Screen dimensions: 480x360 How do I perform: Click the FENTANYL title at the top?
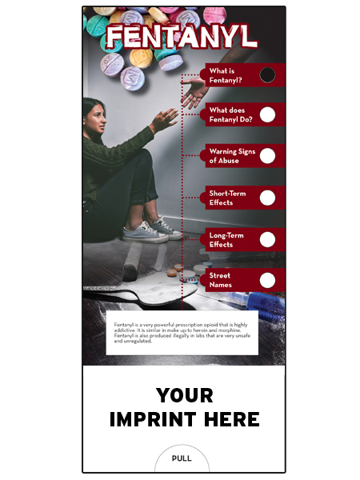click(x=182, y=36)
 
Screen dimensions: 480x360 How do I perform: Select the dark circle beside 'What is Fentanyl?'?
click(x=268, y=75)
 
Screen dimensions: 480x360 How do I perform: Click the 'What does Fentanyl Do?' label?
click(x=228, y=114)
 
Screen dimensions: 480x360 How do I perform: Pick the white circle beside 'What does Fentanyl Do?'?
click(x=268, y=114)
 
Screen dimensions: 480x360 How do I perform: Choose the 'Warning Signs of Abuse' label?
click(x=228, y=156)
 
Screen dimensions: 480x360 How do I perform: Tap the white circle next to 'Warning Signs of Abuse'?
click(x=268, y=156)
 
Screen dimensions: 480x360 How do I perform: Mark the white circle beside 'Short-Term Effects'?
click(x=268, y=198)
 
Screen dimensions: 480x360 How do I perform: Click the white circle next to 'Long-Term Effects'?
click(x=268, y=239)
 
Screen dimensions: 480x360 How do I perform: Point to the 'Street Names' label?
click(x=220, y=280)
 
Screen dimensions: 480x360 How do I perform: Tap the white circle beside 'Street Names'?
click(x=268, y=280)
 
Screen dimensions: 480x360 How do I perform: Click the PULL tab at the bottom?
click(x=182, y=458)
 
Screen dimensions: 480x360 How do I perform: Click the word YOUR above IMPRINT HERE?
click(x=185, y=394)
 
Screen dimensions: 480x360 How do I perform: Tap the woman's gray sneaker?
click(x=145, y=232)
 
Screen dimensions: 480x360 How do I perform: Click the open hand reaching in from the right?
click(x=193, y=94)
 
